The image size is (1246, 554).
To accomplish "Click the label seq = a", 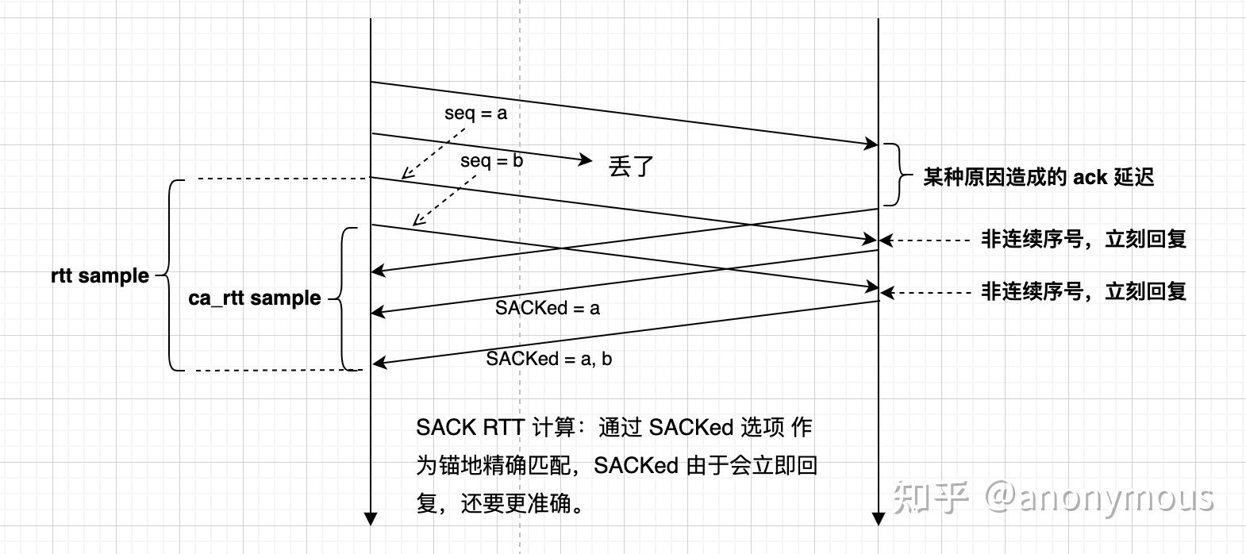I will click(475, 113).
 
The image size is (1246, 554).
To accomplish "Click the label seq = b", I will click(491, 161).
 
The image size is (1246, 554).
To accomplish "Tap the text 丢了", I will click(631, 166).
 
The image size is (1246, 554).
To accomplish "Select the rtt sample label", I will click(100, 276).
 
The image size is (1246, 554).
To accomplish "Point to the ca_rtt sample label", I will click(255, 298).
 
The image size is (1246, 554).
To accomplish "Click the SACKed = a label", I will click(547, 308).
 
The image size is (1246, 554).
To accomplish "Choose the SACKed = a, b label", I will click(548, 359).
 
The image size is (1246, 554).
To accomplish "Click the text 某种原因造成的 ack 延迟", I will click(1038, 177).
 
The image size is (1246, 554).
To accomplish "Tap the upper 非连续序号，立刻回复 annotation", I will click(1083, 239).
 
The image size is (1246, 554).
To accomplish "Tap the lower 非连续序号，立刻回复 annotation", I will click(1083, 291).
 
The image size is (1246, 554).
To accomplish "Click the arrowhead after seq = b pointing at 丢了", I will click(587, 160).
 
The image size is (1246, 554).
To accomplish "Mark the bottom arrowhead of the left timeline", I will click(370, 519).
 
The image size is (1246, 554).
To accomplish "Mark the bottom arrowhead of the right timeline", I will click(878, 519).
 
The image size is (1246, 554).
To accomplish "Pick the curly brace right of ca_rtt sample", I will click(342, 298).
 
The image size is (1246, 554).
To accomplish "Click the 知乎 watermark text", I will click(930, 498).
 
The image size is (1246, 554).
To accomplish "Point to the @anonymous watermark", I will click(1099, 498).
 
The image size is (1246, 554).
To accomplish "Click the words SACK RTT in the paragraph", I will click(469, 428).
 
